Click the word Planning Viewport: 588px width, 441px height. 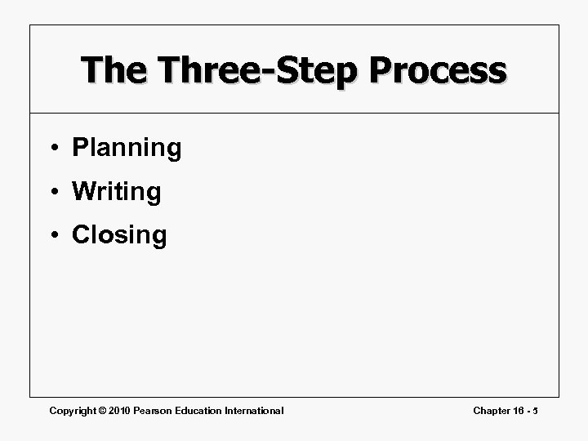(x=127, y=148)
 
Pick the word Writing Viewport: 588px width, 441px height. (x=117, y=192)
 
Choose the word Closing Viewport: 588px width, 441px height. (x=119, y=235)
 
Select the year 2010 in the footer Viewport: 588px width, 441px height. (x=123, y=410)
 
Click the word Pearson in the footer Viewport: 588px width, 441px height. (x=158, y=410)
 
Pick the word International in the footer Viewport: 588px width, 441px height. (x=256, y=410)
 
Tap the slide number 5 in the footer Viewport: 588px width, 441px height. (x=537, y=410)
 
